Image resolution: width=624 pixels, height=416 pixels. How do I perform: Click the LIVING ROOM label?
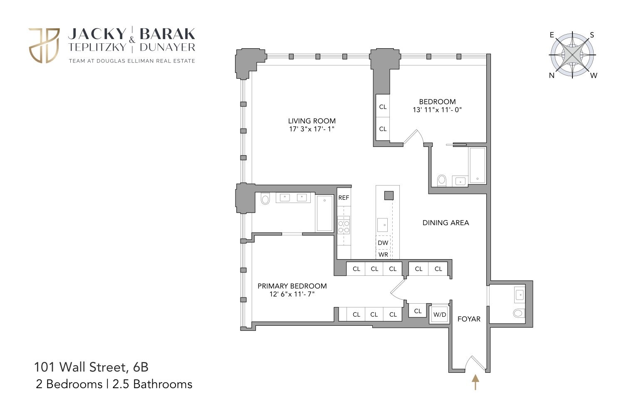point(312,121)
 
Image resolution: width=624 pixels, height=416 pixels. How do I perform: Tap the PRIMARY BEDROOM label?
point(292,286)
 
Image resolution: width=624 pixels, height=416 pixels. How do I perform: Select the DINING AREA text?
point(446,223)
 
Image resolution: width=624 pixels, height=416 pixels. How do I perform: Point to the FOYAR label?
point(469,319)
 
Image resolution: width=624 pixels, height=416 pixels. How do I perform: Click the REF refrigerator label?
point(344,198)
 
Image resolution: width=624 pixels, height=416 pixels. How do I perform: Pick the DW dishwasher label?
point(383,243)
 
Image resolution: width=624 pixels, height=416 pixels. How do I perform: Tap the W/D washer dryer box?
point(440,314)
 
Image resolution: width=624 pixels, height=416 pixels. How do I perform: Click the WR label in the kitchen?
point(383,255)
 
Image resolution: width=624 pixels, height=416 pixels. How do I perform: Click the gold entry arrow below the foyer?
point(475,382)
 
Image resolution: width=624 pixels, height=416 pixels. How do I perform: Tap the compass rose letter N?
point(552,76)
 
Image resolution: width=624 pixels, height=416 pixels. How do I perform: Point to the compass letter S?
point(592,35)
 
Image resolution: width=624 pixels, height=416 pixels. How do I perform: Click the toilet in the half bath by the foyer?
point(518,313)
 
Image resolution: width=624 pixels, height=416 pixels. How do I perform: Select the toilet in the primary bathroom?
point(265,199)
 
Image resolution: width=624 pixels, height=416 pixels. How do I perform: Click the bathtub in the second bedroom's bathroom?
point(477,165)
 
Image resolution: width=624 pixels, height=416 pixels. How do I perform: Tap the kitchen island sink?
point(383,225)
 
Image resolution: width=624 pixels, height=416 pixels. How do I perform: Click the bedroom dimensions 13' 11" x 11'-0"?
point(437,110)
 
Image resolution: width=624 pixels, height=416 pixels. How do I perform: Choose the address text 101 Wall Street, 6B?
point(91,367)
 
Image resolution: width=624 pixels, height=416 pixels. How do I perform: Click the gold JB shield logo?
point(44,46)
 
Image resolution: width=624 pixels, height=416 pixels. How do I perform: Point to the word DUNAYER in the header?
point(167,47)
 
